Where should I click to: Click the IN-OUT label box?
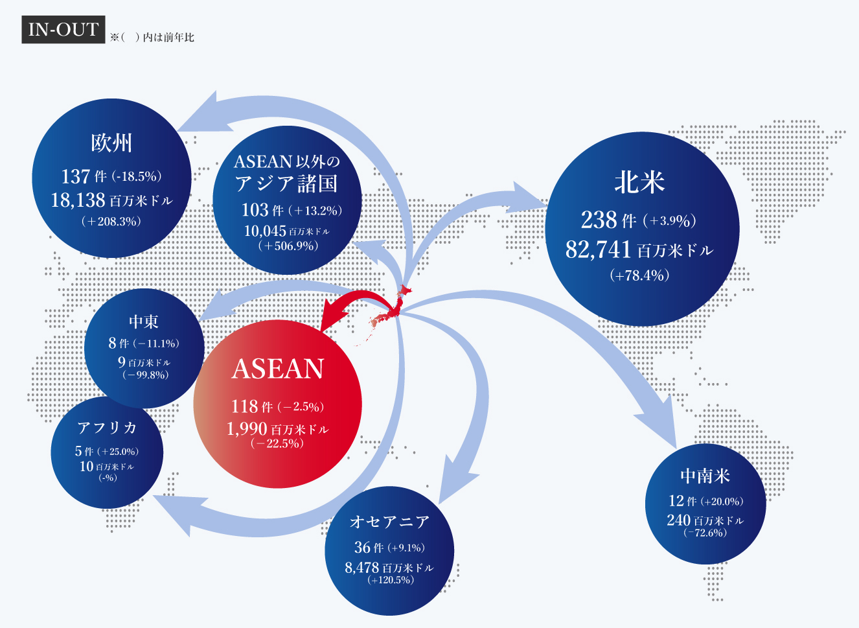63,29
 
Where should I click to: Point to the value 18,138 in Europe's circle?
78,200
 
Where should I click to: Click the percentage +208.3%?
111,221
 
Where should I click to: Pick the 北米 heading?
639,182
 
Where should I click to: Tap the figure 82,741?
598,249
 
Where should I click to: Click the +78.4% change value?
639,275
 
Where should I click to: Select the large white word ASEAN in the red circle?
277,369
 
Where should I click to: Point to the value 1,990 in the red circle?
247,428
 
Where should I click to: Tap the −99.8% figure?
145,375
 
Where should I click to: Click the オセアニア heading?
389,521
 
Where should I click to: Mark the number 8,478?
361,568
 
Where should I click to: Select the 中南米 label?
705,476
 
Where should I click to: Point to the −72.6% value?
705,533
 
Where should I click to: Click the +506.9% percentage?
288,246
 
